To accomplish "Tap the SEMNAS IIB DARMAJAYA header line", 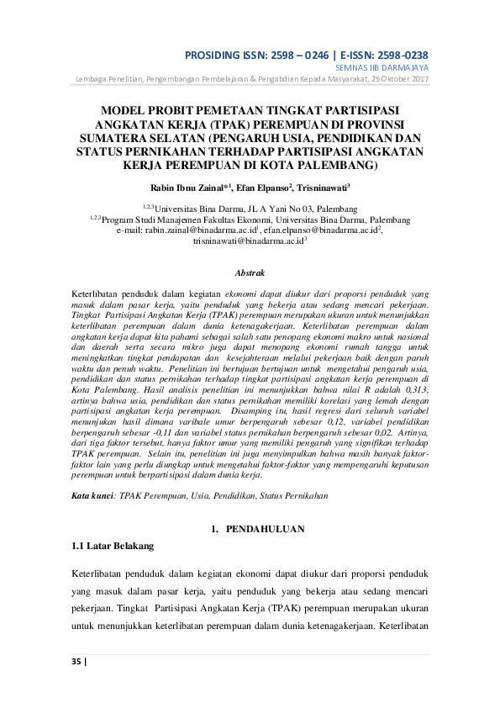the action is pyautogui.click(x=383, y=67).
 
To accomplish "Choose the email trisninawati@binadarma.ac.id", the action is pyautogui.click(x=248, y=240).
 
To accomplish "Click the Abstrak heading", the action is pyautogui.click(x=250, y=272).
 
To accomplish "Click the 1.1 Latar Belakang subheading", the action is pyautogui.click(x=113, y=546).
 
